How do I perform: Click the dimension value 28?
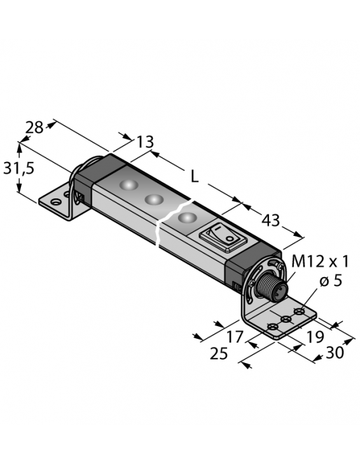(x=34, y=128)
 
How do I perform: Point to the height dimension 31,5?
(x=18, y=168)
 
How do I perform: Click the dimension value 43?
(x=271, y=221)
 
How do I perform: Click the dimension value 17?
(x=235, y=337)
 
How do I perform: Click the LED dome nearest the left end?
(x=128, y=186)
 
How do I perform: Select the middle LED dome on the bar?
(x=154, y=200)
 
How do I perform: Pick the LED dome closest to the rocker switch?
(x=186, y=218)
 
